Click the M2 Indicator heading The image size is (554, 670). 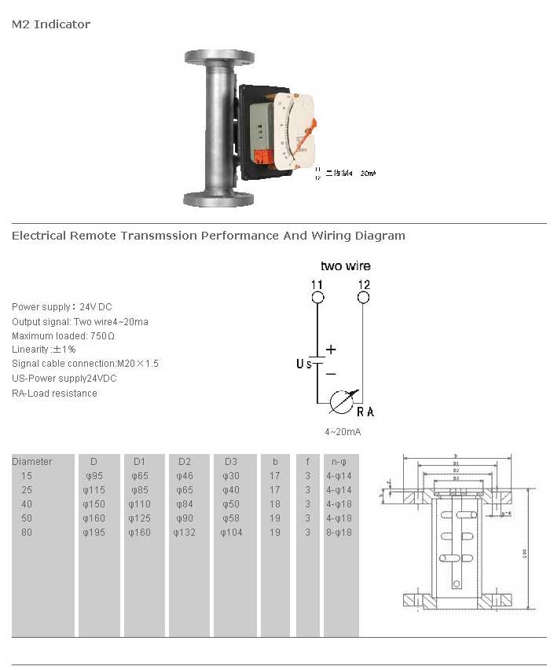tap(51, 24)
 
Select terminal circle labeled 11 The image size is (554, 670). tap(317, 298)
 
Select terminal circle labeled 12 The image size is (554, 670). tap(363, 298)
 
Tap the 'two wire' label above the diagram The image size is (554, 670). tap(345, 266)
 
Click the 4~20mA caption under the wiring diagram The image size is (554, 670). tap(343, 432)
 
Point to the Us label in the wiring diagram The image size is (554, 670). tap(303, 363)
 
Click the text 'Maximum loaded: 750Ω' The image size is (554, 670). tap(64, 336)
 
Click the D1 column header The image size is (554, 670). tap(139, 461)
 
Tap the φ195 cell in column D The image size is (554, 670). tap(93, 532)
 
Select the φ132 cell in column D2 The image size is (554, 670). tap(185, 532)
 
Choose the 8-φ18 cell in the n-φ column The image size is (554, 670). tap(339, 532)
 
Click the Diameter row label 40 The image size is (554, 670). tap(28, 503)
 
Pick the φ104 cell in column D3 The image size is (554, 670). tap(231, 532)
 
